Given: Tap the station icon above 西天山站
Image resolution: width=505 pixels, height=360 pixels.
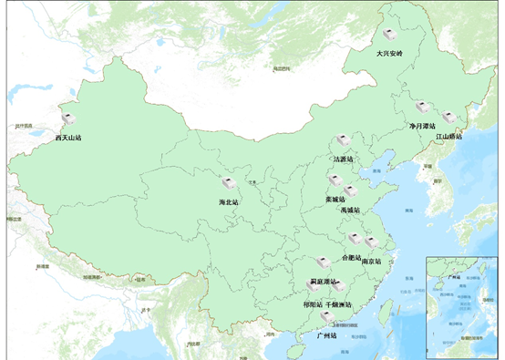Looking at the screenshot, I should (68, 119).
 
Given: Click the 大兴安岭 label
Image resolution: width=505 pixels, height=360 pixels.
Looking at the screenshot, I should (395, 54).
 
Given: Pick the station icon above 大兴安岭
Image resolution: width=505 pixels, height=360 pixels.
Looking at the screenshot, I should (390, 35).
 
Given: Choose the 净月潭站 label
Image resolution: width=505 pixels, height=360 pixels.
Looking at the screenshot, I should (423, 127).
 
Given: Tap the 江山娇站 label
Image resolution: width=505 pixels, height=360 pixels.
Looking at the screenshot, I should (448, 137).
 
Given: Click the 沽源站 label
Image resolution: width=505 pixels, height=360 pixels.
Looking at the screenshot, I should (345, 159).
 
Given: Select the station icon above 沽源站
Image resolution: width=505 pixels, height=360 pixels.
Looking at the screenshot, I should (343, 141).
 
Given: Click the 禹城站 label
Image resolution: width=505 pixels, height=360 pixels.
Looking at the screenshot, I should (350, 211).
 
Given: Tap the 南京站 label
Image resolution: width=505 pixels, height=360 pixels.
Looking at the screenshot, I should (372, 262).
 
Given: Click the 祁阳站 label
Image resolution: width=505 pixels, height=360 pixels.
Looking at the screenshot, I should (312, 303).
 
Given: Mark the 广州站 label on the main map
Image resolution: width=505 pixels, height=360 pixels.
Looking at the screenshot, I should (326, 335).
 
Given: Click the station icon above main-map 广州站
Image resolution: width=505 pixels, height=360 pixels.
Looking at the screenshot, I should (326, 318).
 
